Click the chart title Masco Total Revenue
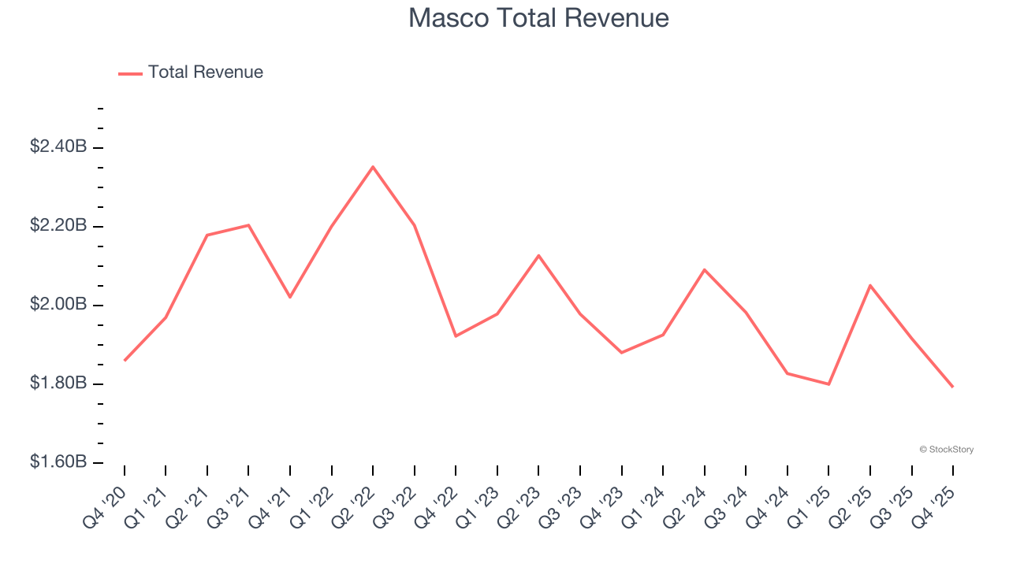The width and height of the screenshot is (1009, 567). click(538, 18)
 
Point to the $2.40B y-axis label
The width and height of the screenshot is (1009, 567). click(58, 146)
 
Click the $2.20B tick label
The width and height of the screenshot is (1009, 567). click(58, 226)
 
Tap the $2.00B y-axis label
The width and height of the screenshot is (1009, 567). click(58, 305)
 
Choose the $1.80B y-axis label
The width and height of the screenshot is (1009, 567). click(58, 384)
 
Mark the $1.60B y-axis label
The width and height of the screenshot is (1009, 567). click(58, 461)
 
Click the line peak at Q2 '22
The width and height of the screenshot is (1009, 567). click(373, 167)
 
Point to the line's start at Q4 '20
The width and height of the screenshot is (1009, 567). click(125, 361)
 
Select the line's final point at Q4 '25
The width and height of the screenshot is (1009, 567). click(953, 387)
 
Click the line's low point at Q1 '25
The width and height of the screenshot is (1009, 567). click(828, 384)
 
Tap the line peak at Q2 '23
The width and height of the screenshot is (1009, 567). click(538, 255)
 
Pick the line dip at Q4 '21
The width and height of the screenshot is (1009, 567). click(290, 297)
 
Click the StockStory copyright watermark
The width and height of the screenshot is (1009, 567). click(946, 450)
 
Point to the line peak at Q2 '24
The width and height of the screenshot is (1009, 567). click(704, 269)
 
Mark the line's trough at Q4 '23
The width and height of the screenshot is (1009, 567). click(621, 352)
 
